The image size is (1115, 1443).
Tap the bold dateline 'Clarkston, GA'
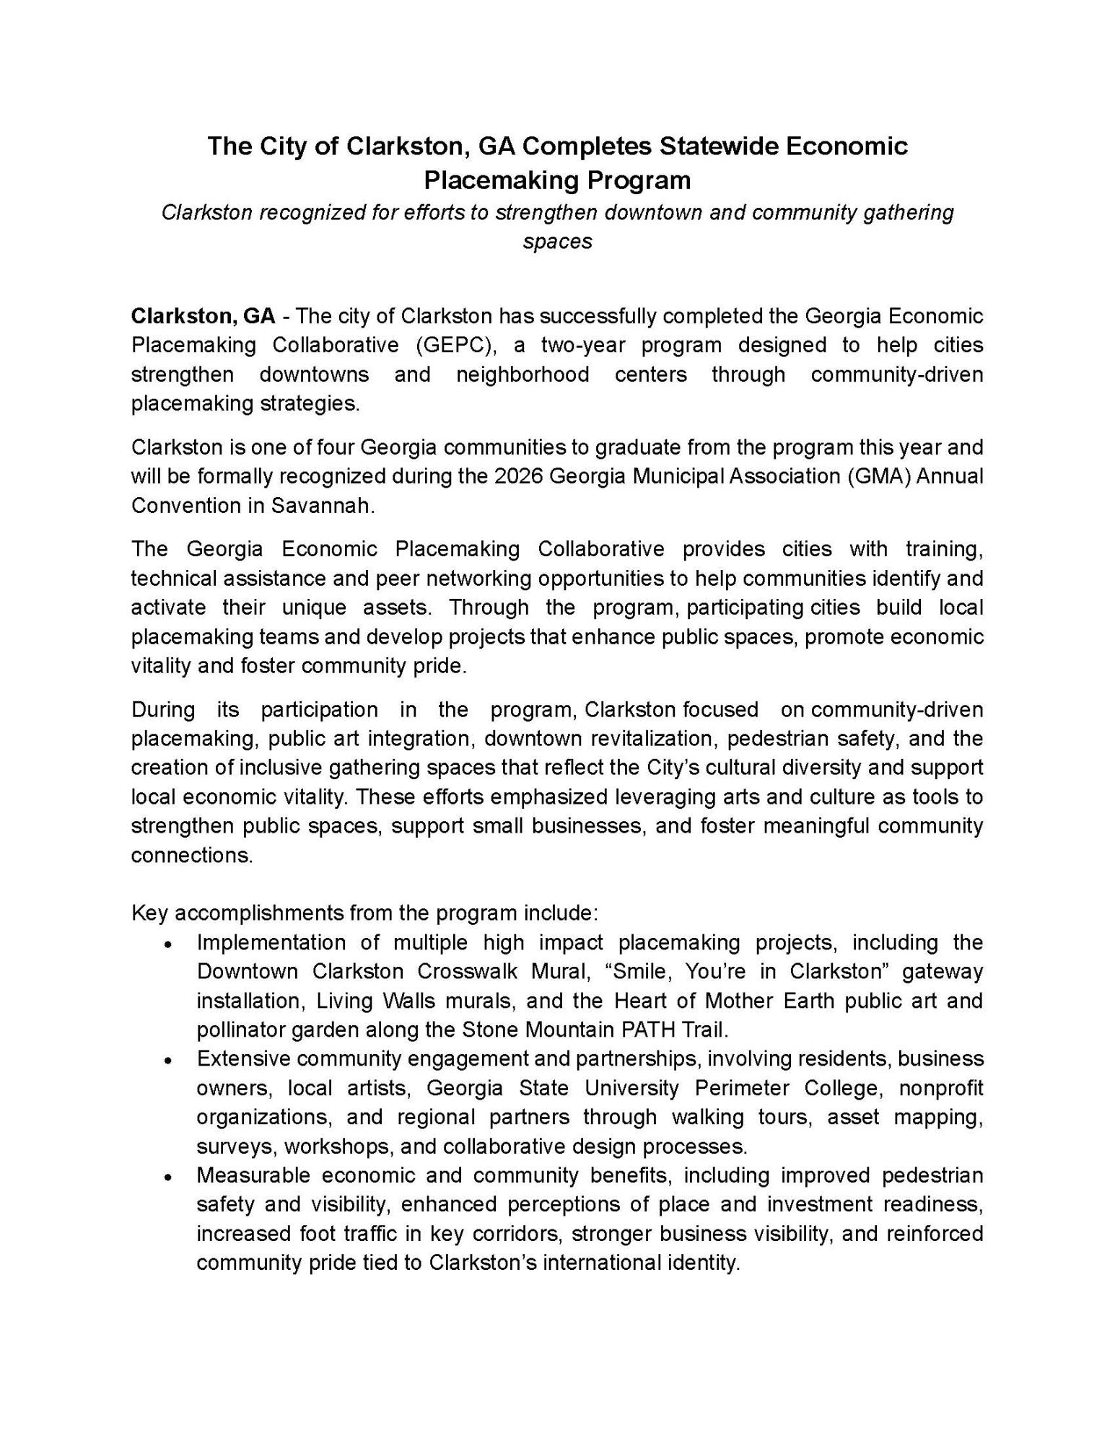pos(203,316)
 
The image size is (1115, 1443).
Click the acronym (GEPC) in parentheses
pos(456,345)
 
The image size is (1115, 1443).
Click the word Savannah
pos(323,506)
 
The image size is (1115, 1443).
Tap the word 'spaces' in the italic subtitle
pos(557,241)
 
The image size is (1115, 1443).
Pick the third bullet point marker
pos(167,1177)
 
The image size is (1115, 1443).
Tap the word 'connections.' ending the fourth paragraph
pos(192,856)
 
